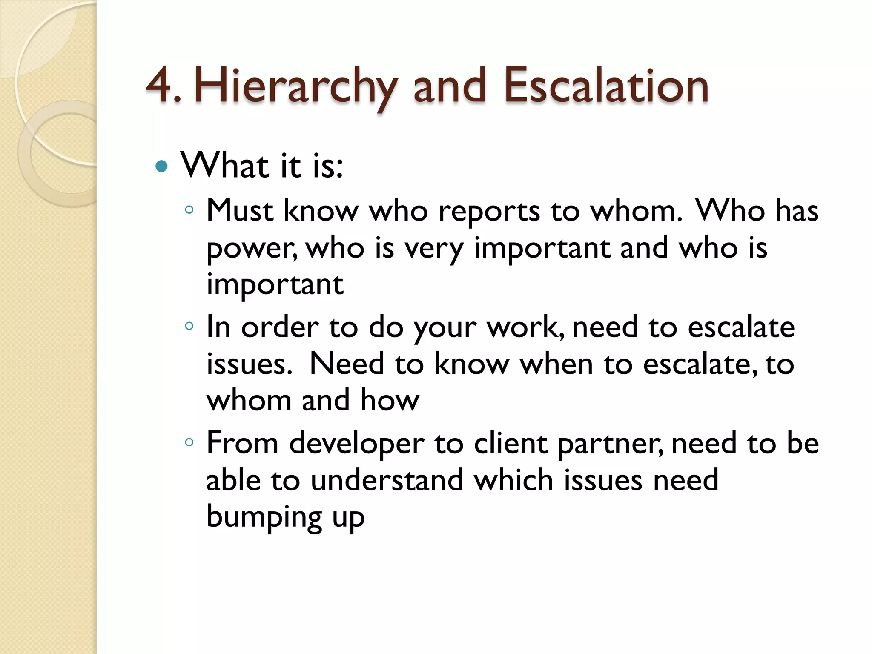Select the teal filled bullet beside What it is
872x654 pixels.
[162, 166]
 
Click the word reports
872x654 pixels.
[489, 212]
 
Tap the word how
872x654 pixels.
[390, 401]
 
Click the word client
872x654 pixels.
[511, 444]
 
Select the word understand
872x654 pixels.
[387, 480]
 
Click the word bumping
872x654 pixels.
[264, 517]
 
